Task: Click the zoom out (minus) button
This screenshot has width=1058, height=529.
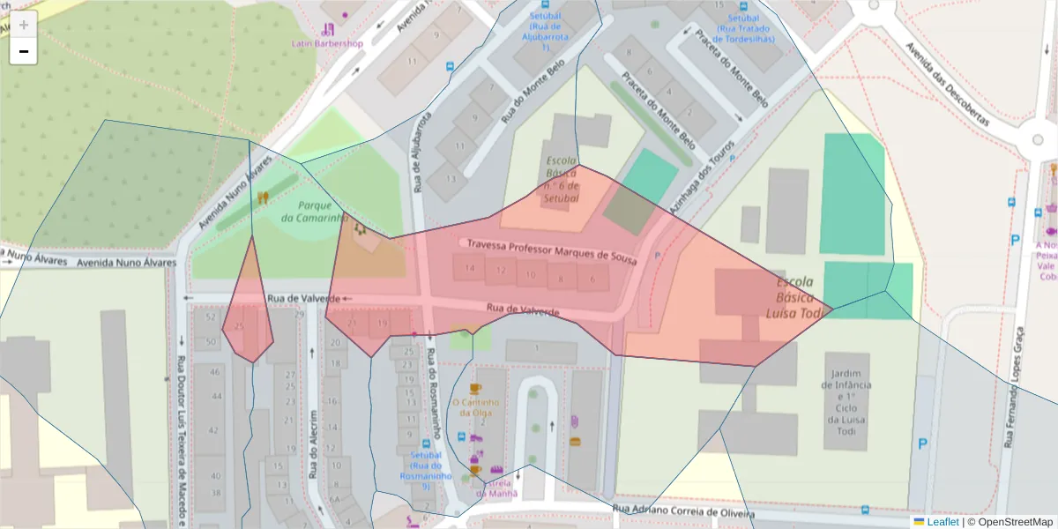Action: coord(24,51)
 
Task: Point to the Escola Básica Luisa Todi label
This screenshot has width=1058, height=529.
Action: coord(799,298)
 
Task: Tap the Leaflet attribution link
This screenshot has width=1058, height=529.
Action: coord(943,522)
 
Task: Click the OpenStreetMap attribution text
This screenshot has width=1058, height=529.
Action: coord(1010,522)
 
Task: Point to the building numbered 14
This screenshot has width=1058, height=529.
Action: coord(469,268)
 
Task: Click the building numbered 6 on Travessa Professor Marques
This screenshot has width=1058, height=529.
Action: coord(592,279)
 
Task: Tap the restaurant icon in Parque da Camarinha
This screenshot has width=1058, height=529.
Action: coord(262,198)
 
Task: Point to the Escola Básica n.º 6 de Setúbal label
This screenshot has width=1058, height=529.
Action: coord(562,180)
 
